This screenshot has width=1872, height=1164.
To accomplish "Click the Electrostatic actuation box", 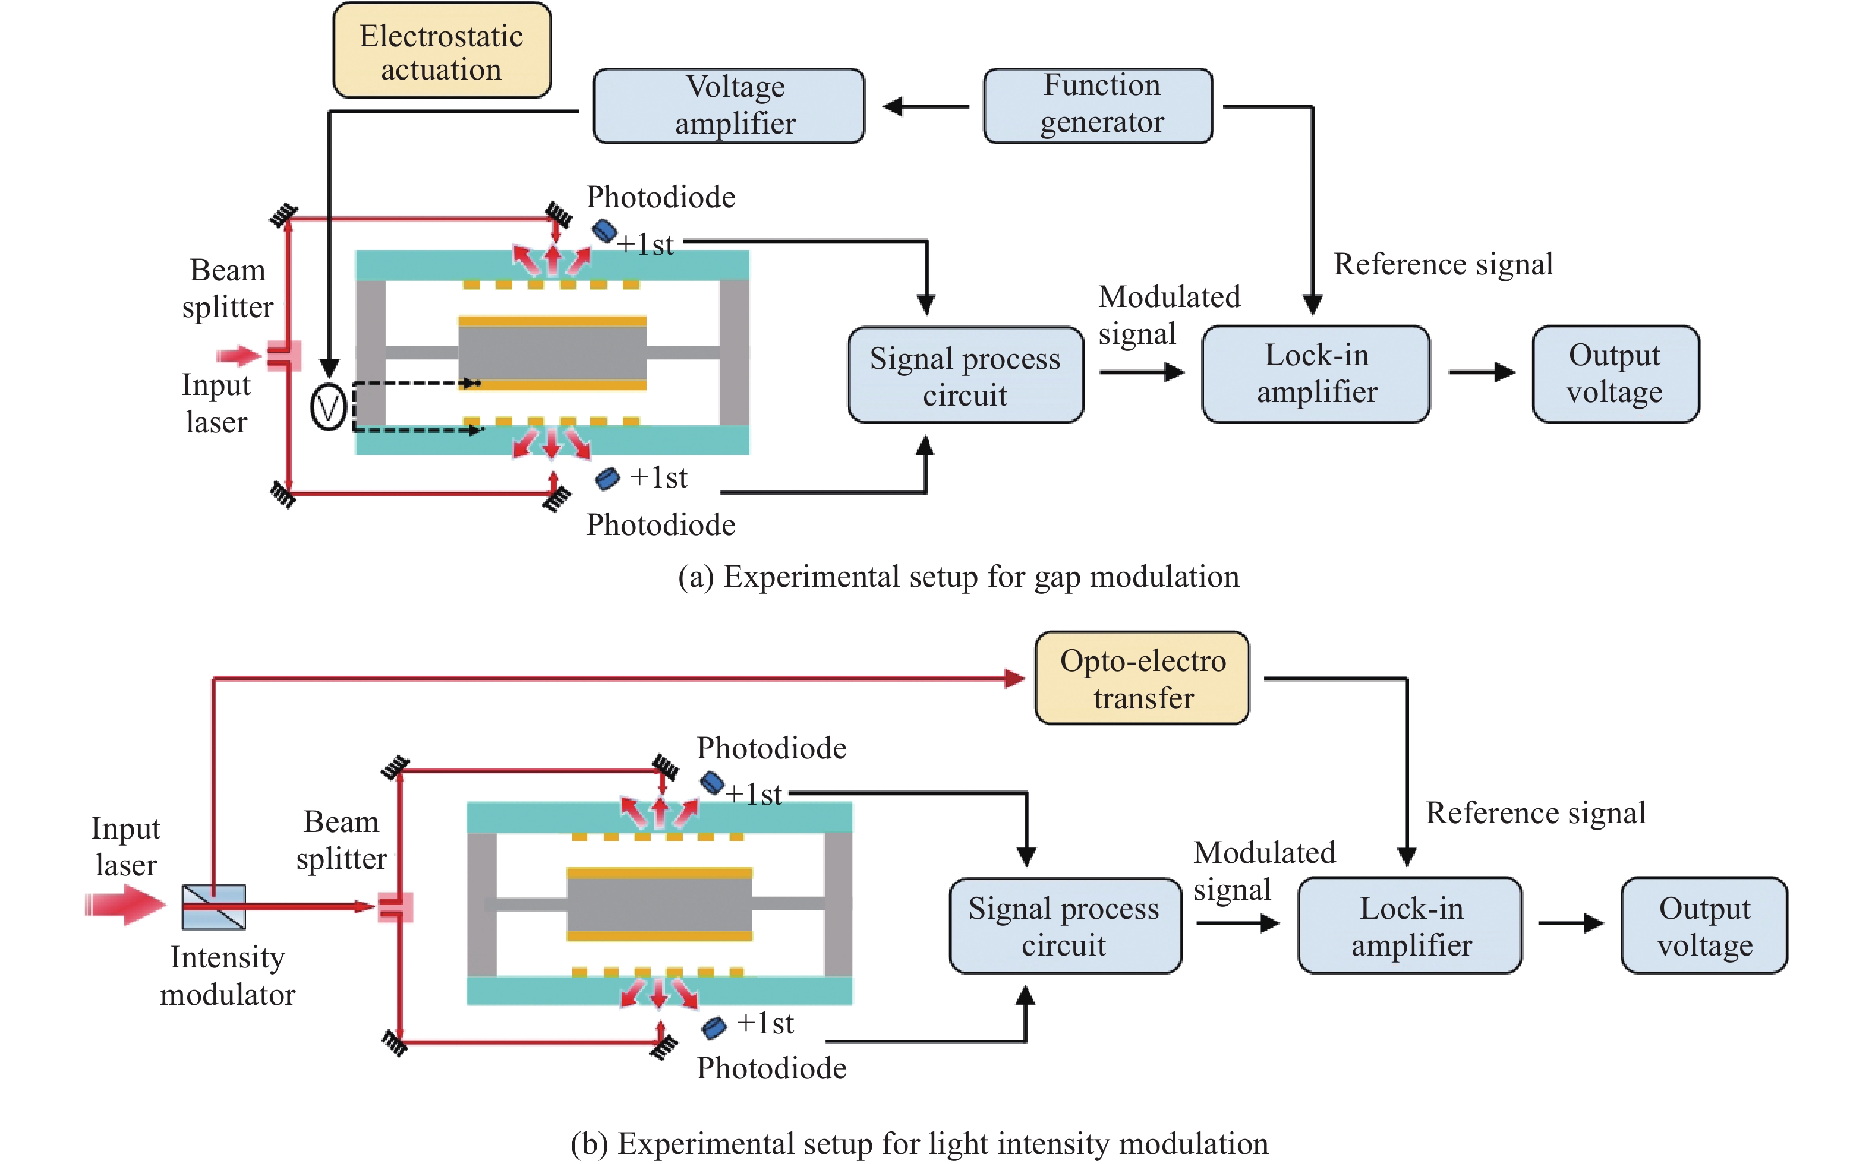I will coord(442,51).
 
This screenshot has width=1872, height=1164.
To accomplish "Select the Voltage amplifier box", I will coord(729,106).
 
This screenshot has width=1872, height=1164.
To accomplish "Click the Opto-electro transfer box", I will coord(1142,678).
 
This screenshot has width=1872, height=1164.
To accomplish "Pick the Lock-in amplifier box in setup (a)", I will coord(1316,374).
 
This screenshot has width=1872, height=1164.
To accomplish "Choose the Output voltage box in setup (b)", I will coord(1703,925).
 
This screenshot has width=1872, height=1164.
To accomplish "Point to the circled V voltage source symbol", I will coord(327,407).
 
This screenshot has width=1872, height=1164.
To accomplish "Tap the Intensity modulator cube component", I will coord(213,907).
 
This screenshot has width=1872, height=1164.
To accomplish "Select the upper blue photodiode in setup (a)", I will coord(604,229).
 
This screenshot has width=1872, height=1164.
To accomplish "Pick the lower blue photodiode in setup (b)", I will coord(714,1027).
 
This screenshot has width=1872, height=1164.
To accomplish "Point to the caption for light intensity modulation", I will coord(919,1143).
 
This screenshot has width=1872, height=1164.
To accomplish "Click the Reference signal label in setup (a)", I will coord(1443,264).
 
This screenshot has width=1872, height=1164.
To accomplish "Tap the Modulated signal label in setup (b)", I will coord(1263,870).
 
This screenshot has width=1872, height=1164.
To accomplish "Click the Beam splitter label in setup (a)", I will coord(227,288).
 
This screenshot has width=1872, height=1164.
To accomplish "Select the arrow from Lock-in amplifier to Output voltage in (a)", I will coord(1480,372).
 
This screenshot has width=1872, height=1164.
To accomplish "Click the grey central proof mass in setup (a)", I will coord(551,353).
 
